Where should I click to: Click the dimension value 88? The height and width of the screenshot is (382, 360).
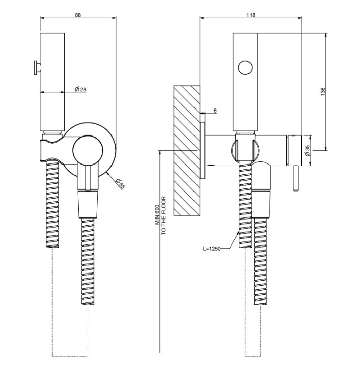78,15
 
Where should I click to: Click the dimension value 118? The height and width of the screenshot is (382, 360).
251,15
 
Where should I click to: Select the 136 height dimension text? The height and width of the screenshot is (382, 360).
323,91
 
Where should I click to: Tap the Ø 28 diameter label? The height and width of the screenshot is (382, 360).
80,90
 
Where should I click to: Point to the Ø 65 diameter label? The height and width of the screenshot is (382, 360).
120,184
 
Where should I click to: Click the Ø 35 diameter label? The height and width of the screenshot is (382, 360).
307,151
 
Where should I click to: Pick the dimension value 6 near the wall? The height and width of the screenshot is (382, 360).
215,111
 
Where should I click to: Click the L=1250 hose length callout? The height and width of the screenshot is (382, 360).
212,249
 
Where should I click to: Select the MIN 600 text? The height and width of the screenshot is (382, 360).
157,214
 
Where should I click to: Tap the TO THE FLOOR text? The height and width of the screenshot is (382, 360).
163,215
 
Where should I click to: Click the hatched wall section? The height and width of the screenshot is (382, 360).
186,150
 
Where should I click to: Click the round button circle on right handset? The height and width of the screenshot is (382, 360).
245,67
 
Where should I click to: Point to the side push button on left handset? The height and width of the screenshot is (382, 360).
37,67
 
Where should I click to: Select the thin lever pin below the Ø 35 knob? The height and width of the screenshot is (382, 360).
296,179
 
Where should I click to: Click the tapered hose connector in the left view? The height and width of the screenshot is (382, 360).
88,204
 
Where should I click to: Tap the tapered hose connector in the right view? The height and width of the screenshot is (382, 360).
261,204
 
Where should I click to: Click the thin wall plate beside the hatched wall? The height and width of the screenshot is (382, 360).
203,150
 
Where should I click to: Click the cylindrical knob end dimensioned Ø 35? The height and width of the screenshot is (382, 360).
295,151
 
